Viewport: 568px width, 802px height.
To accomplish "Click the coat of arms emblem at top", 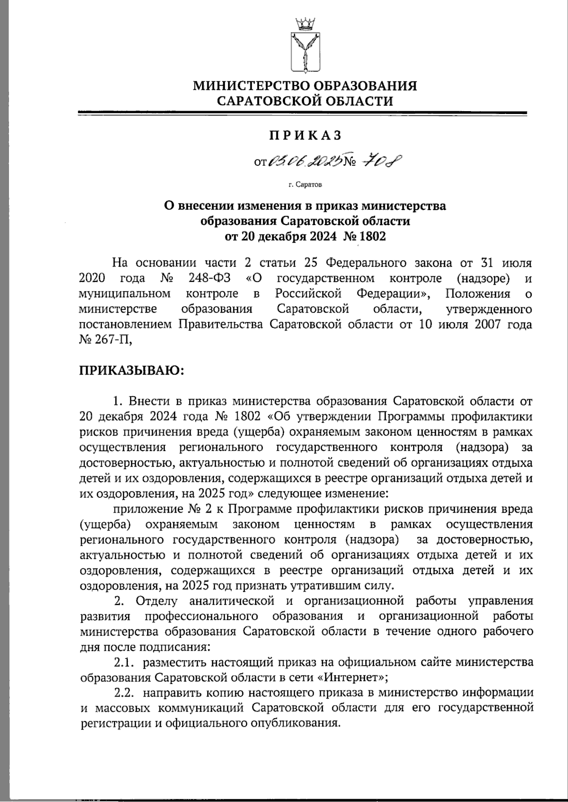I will [305, 52].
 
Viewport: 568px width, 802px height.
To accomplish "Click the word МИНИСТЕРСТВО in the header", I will [248, 86].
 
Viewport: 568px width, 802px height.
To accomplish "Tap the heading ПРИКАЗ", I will [305, 135].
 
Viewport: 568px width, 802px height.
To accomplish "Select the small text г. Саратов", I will [305, 185].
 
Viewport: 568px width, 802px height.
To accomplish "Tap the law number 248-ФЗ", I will [211, 278].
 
